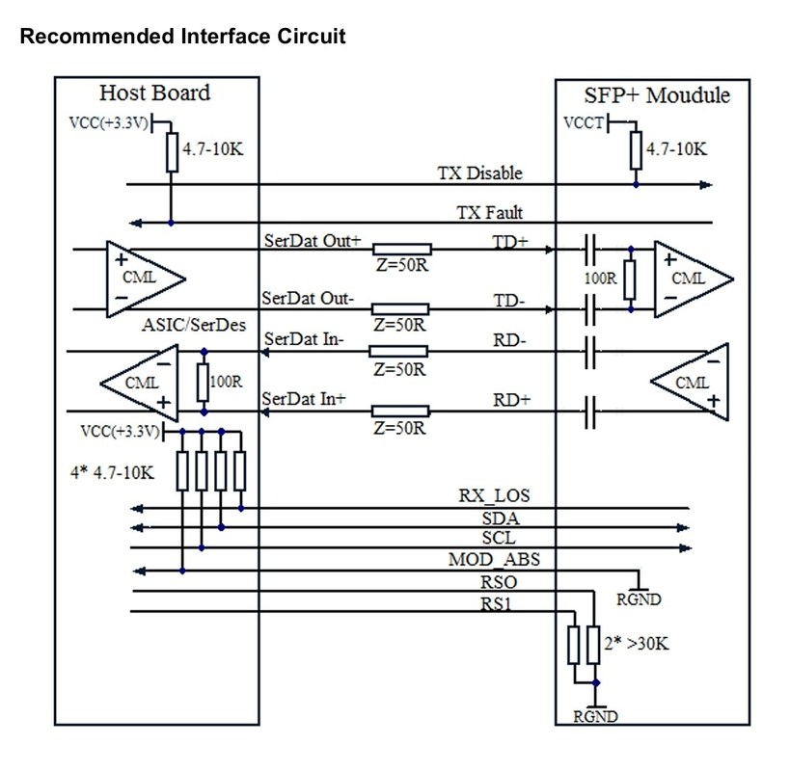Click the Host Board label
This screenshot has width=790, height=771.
pos(155,93)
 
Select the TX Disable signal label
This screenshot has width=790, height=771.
pos(479,173)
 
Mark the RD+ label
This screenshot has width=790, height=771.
pos(511,398)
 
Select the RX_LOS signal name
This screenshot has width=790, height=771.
pos(494,496)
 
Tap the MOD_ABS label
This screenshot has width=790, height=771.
pos(487,559)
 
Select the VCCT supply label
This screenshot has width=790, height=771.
pos(584,124)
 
